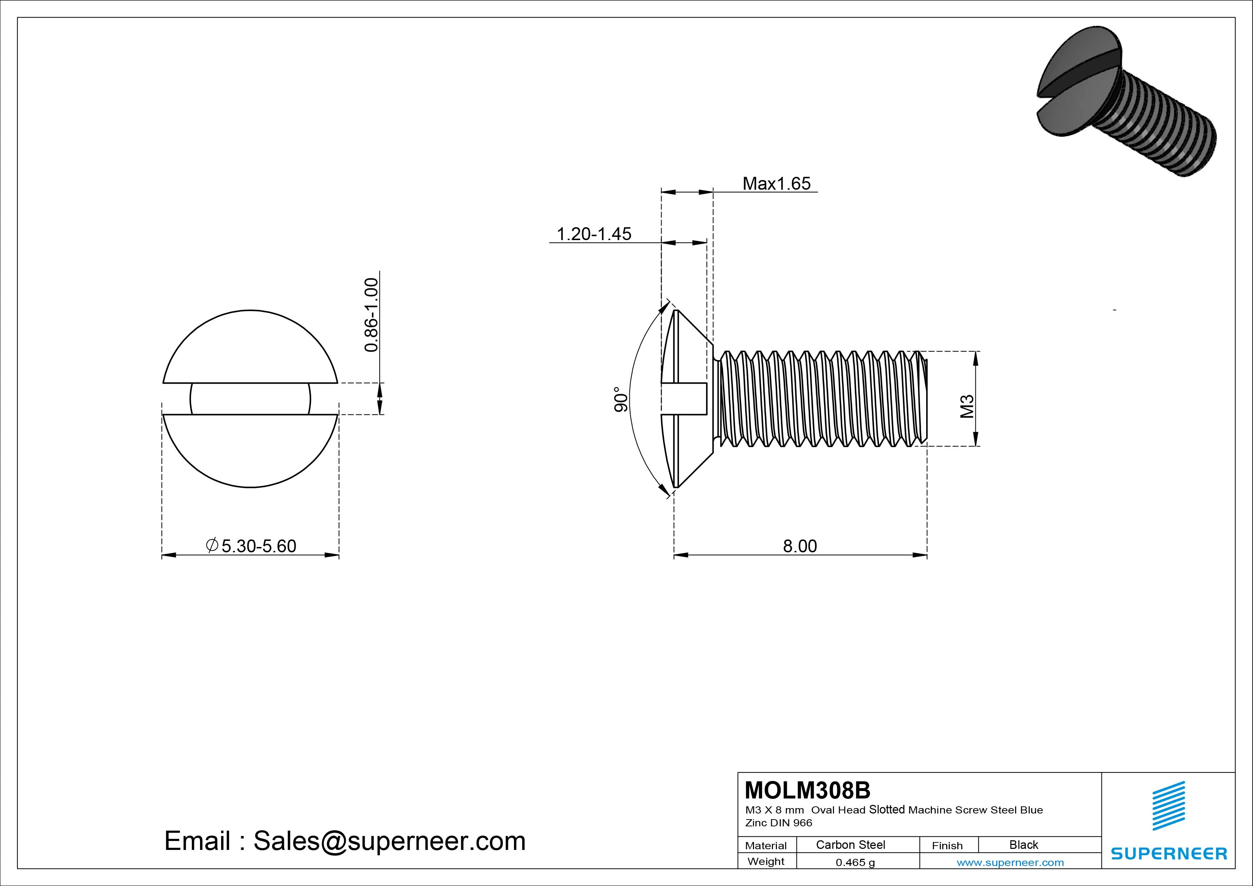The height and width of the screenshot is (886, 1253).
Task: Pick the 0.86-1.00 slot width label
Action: (x=371, y=315)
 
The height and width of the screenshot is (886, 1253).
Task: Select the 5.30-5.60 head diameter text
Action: (x=258, y=546)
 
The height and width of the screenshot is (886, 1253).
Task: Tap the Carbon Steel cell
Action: (x=850, y=845)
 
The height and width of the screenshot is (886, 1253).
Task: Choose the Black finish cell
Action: (x=1023, y=845)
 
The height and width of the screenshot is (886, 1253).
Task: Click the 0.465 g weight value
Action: (x=855, y=862)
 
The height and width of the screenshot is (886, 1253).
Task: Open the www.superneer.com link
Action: (x=1010, y=862)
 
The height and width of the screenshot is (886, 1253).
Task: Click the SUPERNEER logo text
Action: (x=1168, y=853)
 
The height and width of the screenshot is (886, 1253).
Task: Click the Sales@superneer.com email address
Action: (x=389, y=841)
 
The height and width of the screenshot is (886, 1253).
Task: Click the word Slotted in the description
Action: (x=887, y=810)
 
